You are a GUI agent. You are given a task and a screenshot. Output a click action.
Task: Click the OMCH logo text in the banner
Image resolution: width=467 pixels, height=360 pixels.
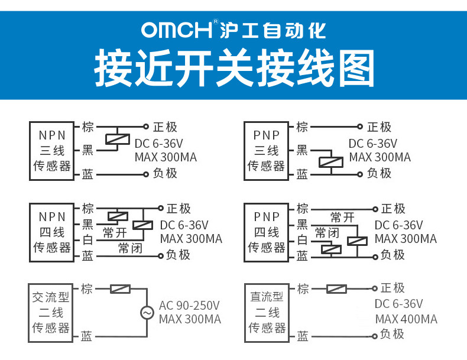tap(177, 30)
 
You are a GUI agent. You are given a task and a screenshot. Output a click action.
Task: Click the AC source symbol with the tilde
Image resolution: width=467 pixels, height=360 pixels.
tap(147, 313)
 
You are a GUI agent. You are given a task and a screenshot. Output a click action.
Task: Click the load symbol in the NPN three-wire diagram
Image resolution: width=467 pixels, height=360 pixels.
tap(118, 139)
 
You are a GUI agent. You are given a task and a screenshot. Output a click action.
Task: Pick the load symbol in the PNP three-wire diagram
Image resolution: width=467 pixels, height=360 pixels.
tap(331, 163)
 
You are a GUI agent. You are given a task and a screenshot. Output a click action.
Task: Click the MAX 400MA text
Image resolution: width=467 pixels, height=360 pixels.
tap(406, 319)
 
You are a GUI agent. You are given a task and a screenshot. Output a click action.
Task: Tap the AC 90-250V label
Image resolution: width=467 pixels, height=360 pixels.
tap(189, 306)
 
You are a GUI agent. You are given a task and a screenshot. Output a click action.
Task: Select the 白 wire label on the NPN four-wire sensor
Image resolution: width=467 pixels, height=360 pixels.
tap(87, 240)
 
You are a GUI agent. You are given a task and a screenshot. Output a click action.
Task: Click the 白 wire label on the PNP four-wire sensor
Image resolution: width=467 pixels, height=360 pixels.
tap(302, 240)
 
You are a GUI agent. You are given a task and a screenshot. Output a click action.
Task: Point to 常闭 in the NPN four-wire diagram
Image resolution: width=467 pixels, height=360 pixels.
tap(130, 248)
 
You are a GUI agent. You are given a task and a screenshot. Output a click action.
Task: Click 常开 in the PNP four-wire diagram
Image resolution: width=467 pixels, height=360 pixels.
tap(342, 218)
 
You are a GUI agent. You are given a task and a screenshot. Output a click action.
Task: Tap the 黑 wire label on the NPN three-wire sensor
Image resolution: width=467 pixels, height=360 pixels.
tap(87, 150)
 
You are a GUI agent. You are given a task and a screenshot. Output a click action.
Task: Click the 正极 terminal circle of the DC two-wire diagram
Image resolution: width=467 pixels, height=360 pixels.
tap(375, 288)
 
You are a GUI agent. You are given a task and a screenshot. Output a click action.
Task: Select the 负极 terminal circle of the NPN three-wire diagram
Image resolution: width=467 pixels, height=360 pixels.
tap(146, 174)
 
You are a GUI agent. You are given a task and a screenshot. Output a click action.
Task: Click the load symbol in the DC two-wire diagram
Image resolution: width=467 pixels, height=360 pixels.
tap(336, 288)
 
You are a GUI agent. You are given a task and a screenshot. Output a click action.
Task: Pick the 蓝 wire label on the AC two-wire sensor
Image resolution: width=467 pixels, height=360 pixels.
tap(87, 336)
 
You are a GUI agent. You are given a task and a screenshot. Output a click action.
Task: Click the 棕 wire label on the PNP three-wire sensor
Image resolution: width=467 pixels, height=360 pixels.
tap(302, 127)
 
